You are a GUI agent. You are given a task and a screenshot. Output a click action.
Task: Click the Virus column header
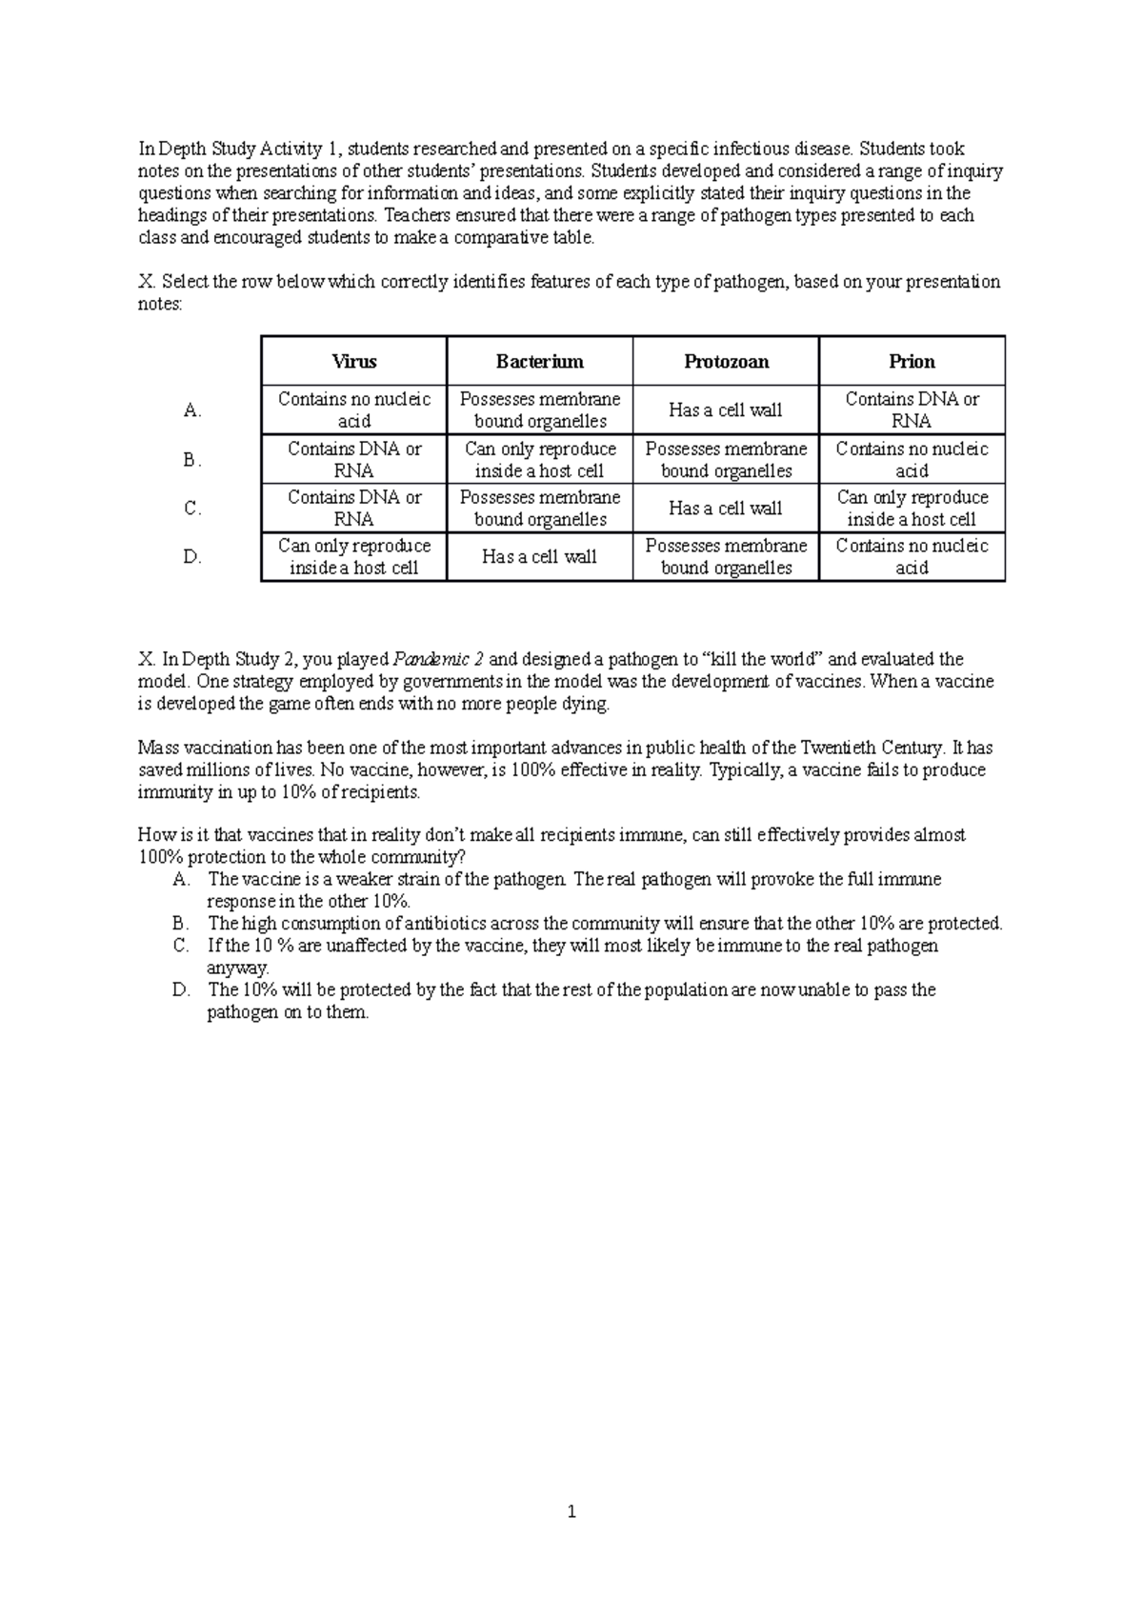pyautogui.click(x=353, y=362)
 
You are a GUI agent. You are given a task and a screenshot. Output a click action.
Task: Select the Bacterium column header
pyautogui.click(x=539, y=362)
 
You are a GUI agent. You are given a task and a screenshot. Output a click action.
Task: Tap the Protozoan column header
pyautogui.click(x=726, y=362)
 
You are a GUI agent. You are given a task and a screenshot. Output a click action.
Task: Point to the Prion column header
pyautogui.click(x=912, y=362)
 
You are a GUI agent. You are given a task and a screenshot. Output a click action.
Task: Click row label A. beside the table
pyautogui.click(x=192, y=410)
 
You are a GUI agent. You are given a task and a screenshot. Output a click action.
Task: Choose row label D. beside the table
pyautogui.click(x=192, y=557)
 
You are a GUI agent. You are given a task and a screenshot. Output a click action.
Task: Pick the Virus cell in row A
pyautogui.click(x=353, y=410)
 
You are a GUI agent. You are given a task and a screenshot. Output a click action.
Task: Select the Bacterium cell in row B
pyautogui.click(x=539, y=460)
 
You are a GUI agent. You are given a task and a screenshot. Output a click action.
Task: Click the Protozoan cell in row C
pyautogui.click(x=726, y=509)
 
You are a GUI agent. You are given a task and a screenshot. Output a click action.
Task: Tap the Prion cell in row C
pyautogui.click(x=912, y=509)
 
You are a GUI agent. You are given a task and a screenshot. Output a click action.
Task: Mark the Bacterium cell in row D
pyautogui.click(x=539, y=557)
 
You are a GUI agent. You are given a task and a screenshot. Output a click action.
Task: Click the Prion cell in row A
pyautogui.click(x=912, y=410)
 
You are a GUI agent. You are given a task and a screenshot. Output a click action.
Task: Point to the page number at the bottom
pyautogui.click(x=571, y=1511)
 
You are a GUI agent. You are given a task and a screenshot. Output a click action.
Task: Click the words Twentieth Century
pyautogui.click(x=871, y=748)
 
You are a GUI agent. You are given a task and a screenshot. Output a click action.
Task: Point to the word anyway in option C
pyautogui.click(x=237, y=968)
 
